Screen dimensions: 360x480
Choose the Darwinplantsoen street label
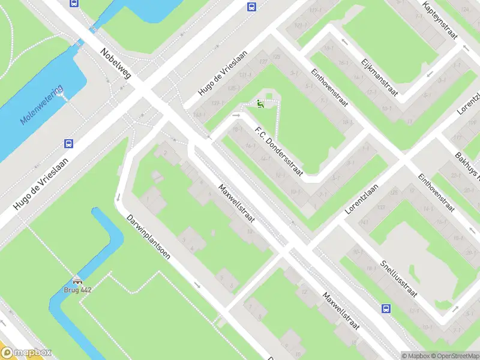[148, 237]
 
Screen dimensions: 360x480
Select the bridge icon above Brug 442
[77, 281]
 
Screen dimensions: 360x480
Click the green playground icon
[260, 104]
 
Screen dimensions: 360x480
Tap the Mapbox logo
[26, 353]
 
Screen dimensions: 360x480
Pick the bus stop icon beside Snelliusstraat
[385, 309]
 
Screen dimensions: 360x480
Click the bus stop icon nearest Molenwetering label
[68, 143]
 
